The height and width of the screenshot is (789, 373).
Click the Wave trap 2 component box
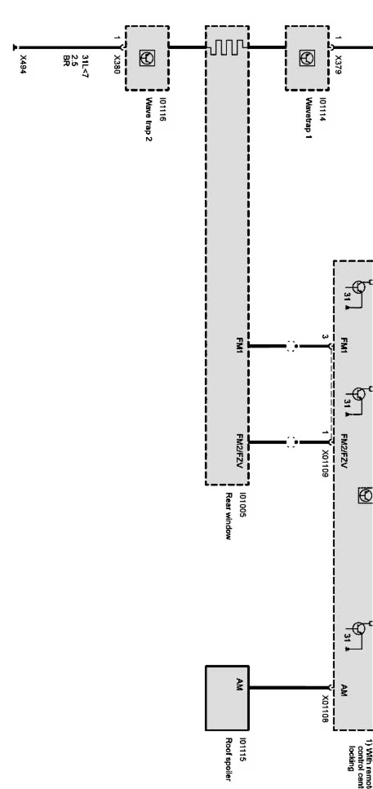coord(147,58)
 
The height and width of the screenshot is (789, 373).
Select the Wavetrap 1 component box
coord(307,58)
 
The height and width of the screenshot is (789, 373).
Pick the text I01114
coord(323,109)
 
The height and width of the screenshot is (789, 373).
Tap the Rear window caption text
coord(229,516)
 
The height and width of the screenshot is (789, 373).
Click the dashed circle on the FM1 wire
coord(291,346)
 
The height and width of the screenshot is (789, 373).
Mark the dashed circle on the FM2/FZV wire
coord(291,442)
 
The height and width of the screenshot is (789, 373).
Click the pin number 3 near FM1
coord(324,337)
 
